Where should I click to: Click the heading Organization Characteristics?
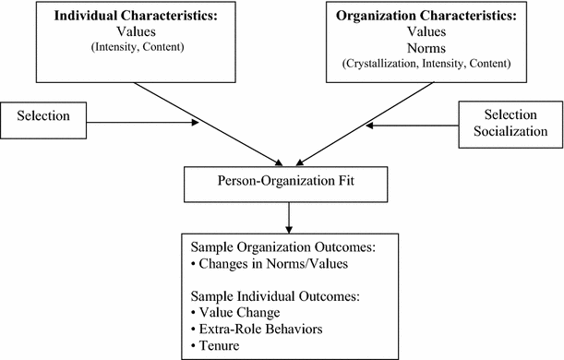click(x=425, y=16)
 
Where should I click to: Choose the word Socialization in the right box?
click(x=510, y=132)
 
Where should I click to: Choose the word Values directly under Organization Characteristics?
click(x=425, y=31)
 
